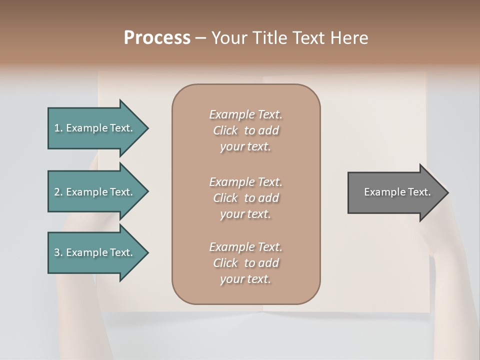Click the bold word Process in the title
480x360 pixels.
coord(157,38)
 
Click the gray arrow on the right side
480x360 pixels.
coord(395,192)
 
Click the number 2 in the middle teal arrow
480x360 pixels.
coord(57,192)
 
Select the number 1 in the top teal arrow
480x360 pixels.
coord(57,128)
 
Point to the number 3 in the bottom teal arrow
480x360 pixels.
coord(57,252)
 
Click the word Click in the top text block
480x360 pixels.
coord(225,130)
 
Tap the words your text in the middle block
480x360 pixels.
coord(245,214)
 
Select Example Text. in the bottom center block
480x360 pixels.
coord(245,247)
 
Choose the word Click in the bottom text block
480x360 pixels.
coord(225,263)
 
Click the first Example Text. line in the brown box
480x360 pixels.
coord(245,114)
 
